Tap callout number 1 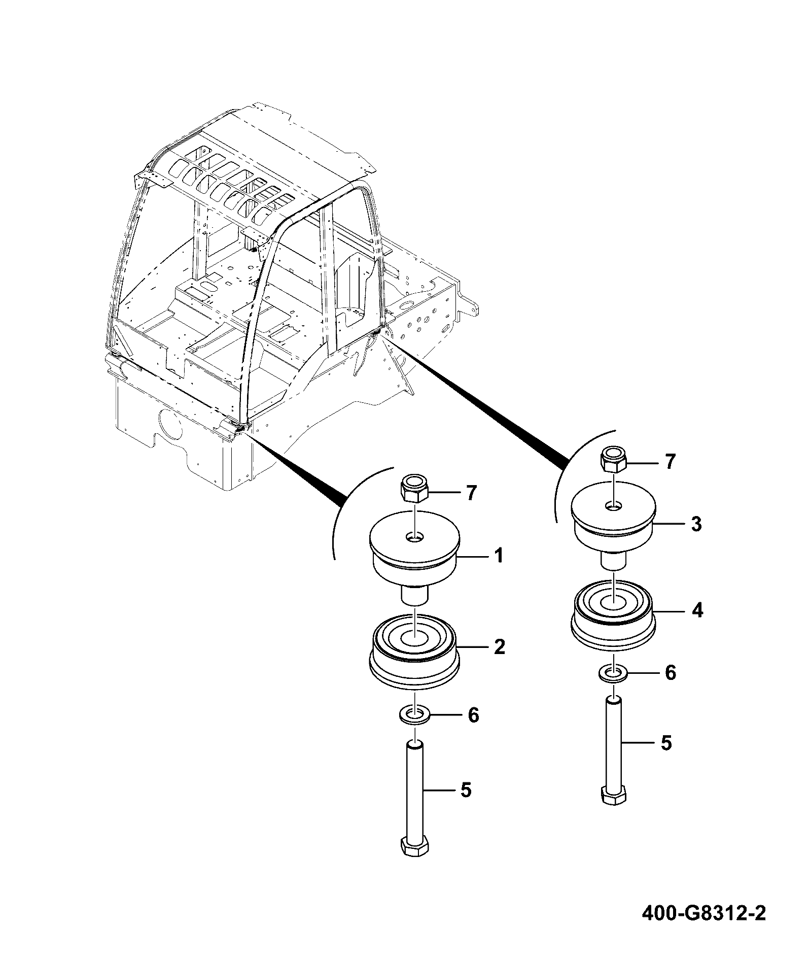499,556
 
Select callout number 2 499,646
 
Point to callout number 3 696,524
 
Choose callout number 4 697,610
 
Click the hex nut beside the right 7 613,460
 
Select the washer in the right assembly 613,674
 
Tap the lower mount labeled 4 613,613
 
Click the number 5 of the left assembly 466,790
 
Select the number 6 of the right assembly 671,673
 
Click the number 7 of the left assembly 472,493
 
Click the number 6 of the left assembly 473,715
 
